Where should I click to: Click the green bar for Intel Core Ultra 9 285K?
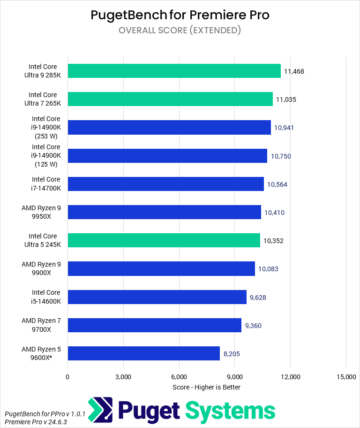coord(174,71)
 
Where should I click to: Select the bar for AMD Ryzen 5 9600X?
coord(143,353)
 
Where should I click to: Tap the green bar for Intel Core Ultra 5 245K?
coord(164,240)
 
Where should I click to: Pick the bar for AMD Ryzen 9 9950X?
coord(164,212)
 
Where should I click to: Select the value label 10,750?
coord(280,156)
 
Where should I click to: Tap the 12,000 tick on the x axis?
coord(290,377)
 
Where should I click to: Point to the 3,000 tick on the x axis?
coord(123,377)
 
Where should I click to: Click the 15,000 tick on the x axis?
coord(345,377)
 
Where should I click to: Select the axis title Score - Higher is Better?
coord(206,387)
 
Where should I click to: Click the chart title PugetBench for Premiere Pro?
coord(180,15)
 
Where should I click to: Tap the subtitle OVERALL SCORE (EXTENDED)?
coord(180,31)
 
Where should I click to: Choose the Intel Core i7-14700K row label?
coord(46,183)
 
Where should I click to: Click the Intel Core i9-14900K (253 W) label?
coord(46,128)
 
